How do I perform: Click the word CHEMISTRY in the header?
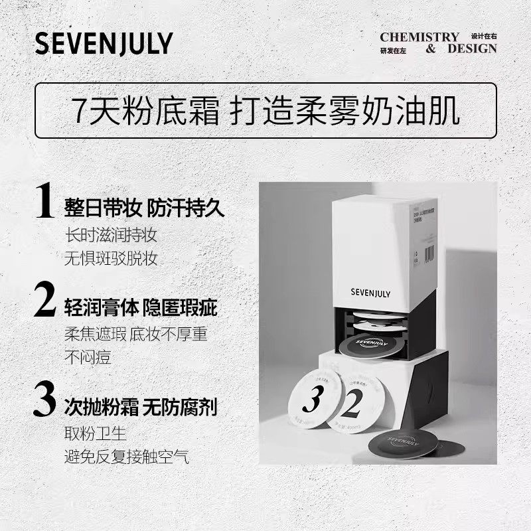point(419,37)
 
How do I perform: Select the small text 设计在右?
point(483,36)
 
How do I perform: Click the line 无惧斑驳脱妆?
point(111,259)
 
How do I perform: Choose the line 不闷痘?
point(87,358)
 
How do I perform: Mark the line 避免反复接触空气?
point(127,457)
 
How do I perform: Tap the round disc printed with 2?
point(356,402)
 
